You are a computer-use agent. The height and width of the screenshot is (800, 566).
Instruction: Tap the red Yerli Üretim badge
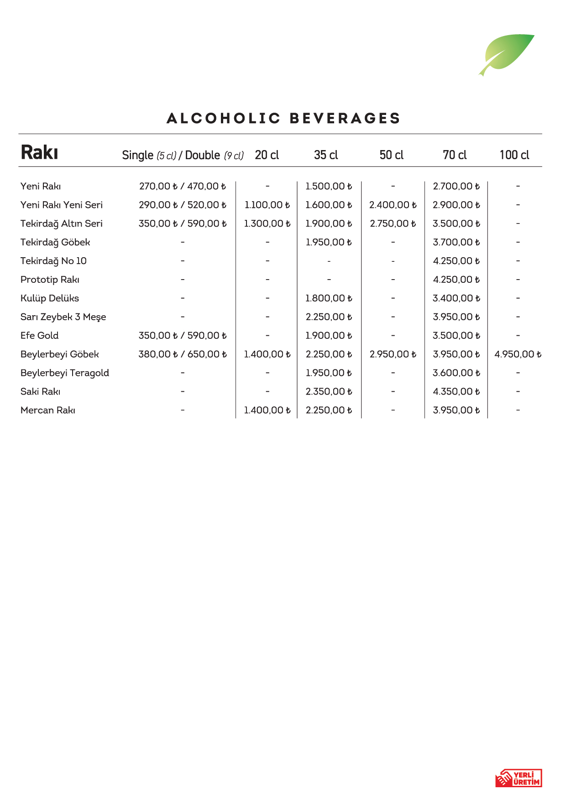(519, 778)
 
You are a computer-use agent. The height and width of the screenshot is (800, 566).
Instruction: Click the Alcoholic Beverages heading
(283, 119)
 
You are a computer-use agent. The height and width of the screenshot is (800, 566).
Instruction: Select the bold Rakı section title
(40, 153)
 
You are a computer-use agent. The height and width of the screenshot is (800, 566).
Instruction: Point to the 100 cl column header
(514, 155)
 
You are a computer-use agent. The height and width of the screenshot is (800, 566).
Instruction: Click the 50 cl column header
(392, 155)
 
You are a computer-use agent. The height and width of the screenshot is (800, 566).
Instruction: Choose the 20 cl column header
(267, 155)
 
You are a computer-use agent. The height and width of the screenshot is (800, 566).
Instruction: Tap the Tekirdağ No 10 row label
(53, 261)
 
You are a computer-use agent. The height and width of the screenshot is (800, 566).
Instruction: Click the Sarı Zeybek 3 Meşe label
(63, 317)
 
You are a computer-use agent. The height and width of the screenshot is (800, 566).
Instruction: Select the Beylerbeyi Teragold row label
(65, 373)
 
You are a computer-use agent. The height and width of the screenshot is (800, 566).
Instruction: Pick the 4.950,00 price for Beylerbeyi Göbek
(518, 354)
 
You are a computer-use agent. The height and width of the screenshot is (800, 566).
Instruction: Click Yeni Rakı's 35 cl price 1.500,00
(329, 186)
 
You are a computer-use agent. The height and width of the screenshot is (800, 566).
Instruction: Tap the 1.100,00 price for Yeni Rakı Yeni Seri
(267, 205)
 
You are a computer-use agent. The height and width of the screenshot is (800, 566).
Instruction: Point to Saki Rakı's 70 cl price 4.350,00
(456, 392)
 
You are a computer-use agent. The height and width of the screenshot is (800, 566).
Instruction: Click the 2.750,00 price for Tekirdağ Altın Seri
(393, 223)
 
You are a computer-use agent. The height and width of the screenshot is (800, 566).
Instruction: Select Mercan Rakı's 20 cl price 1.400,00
(267, 410)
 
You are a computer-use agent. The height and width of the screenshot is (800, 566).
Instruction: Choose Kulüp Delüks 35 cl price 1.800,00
(329, 298)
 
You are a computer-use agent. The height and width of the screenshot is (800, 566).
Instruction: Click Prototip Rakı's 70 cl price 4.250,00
(456, 280)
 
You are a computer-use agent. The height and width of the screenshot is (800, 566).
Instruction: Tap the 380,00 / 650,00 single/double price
(183, 354)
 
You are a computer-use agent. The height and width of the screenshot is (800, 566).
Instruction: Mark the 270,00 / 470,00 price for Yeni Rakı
(183, 186)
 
